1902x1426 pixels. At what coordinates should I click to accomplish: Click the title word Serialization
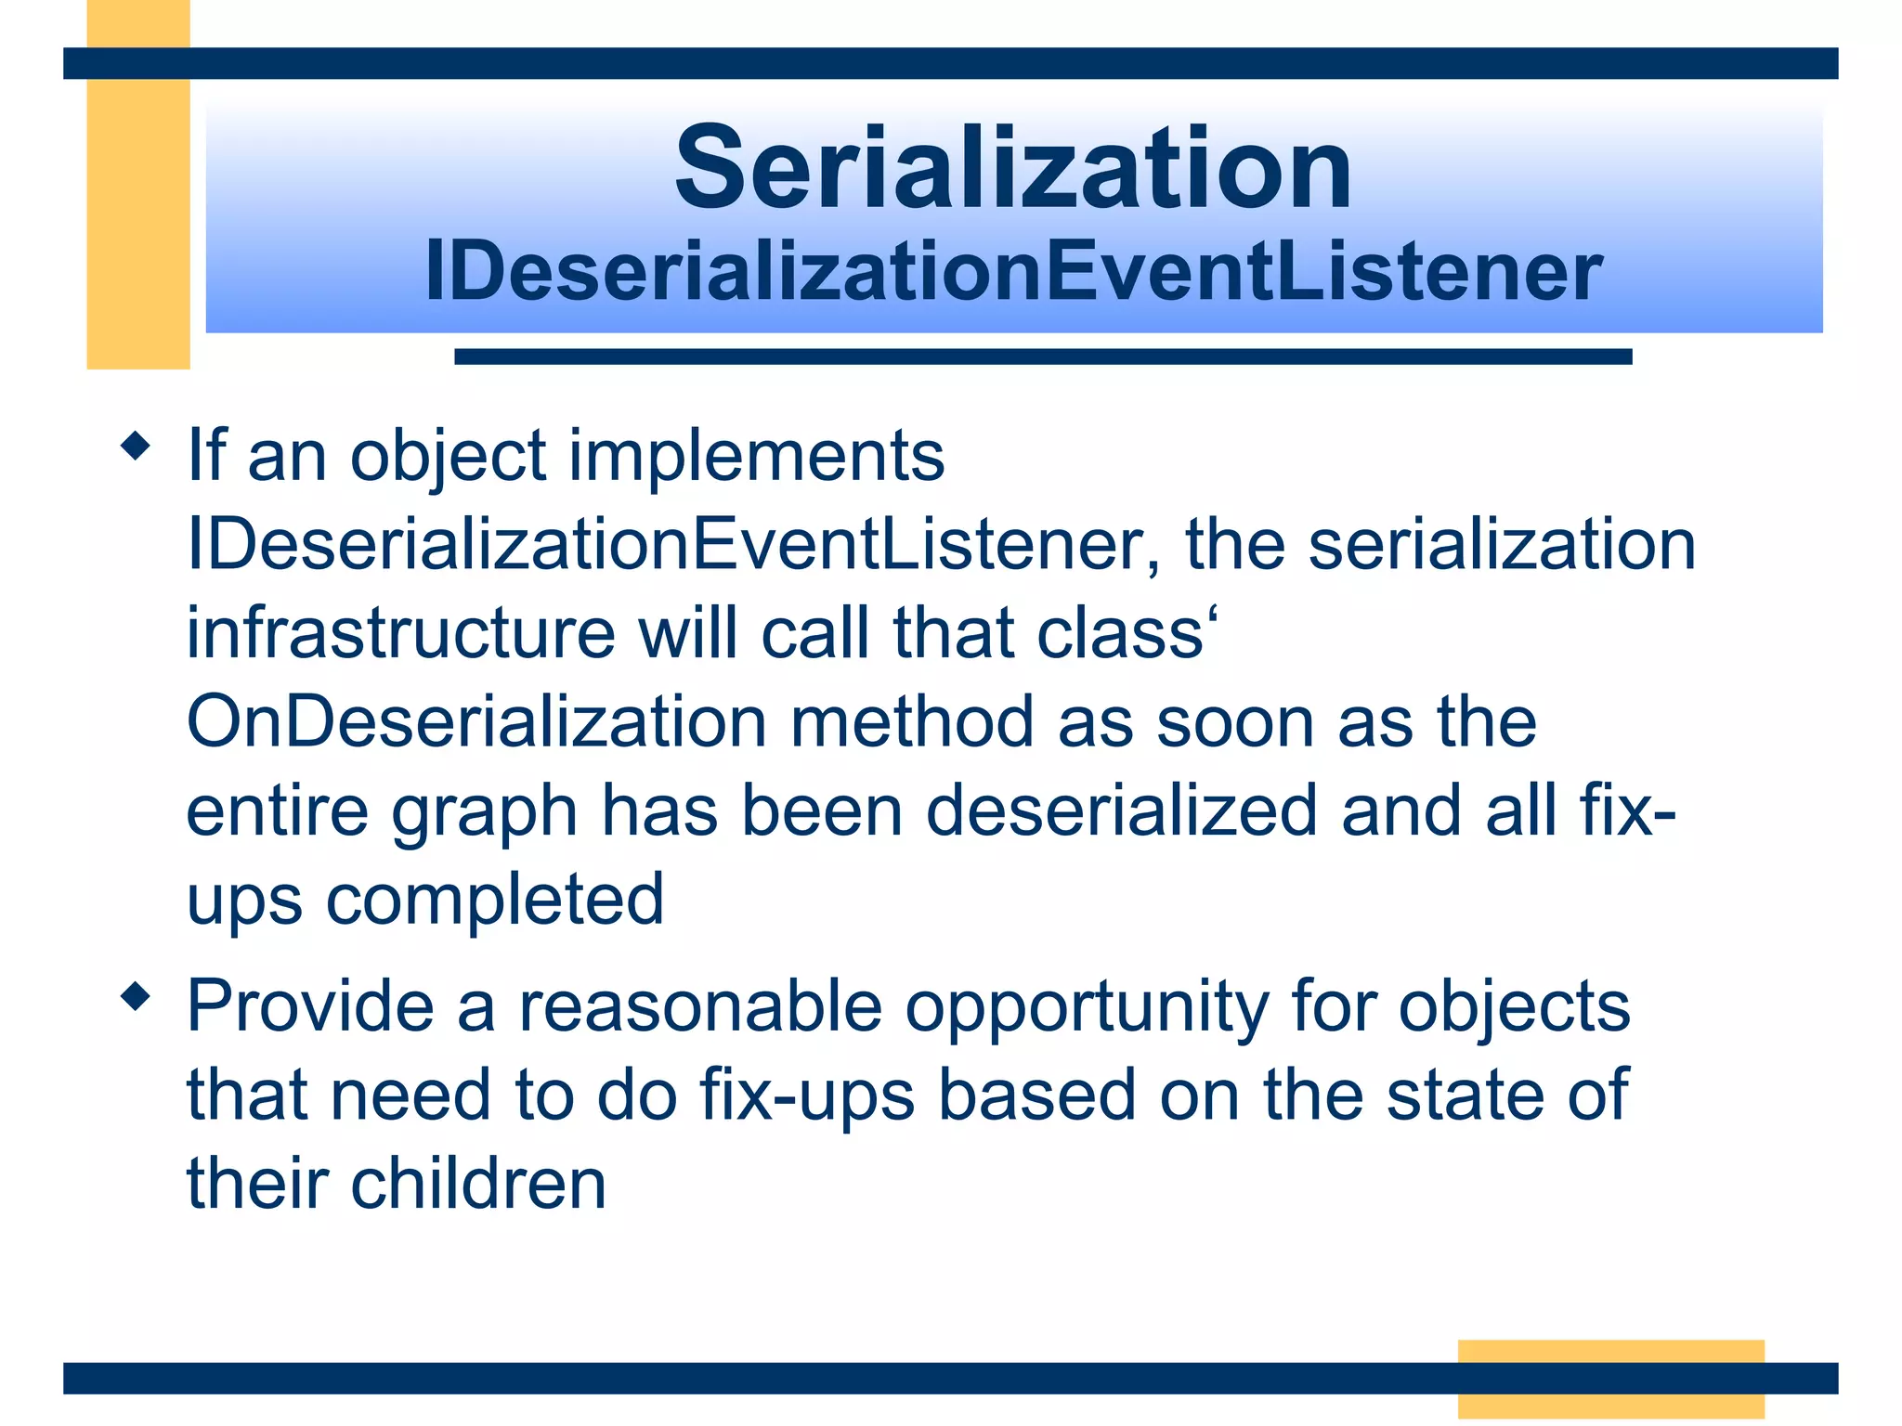(x=1012, y=170)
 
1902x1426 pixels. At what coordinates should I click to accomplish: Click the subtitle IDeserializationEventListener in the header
(x=1012, y=272)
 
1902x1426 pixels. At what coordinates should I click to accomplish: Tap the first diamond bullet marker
(x=136, y=446)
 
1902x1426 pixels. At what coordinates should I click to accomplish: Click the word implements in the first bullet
(x=756, y=457)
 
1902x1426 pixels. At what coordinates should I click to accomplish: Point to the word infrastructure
(x=400, y=634)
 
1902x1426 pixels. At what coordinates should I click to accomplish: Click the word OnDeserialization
(x=476, y=722)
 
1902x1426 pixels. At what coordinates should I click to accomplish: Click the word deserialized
(x=1121, y=811)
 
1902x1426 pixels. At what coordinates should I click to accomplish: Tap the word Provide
(x=310, y=1007)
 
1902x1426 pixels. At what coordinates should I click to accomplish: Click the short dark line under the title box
(x=1042, y=356)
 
